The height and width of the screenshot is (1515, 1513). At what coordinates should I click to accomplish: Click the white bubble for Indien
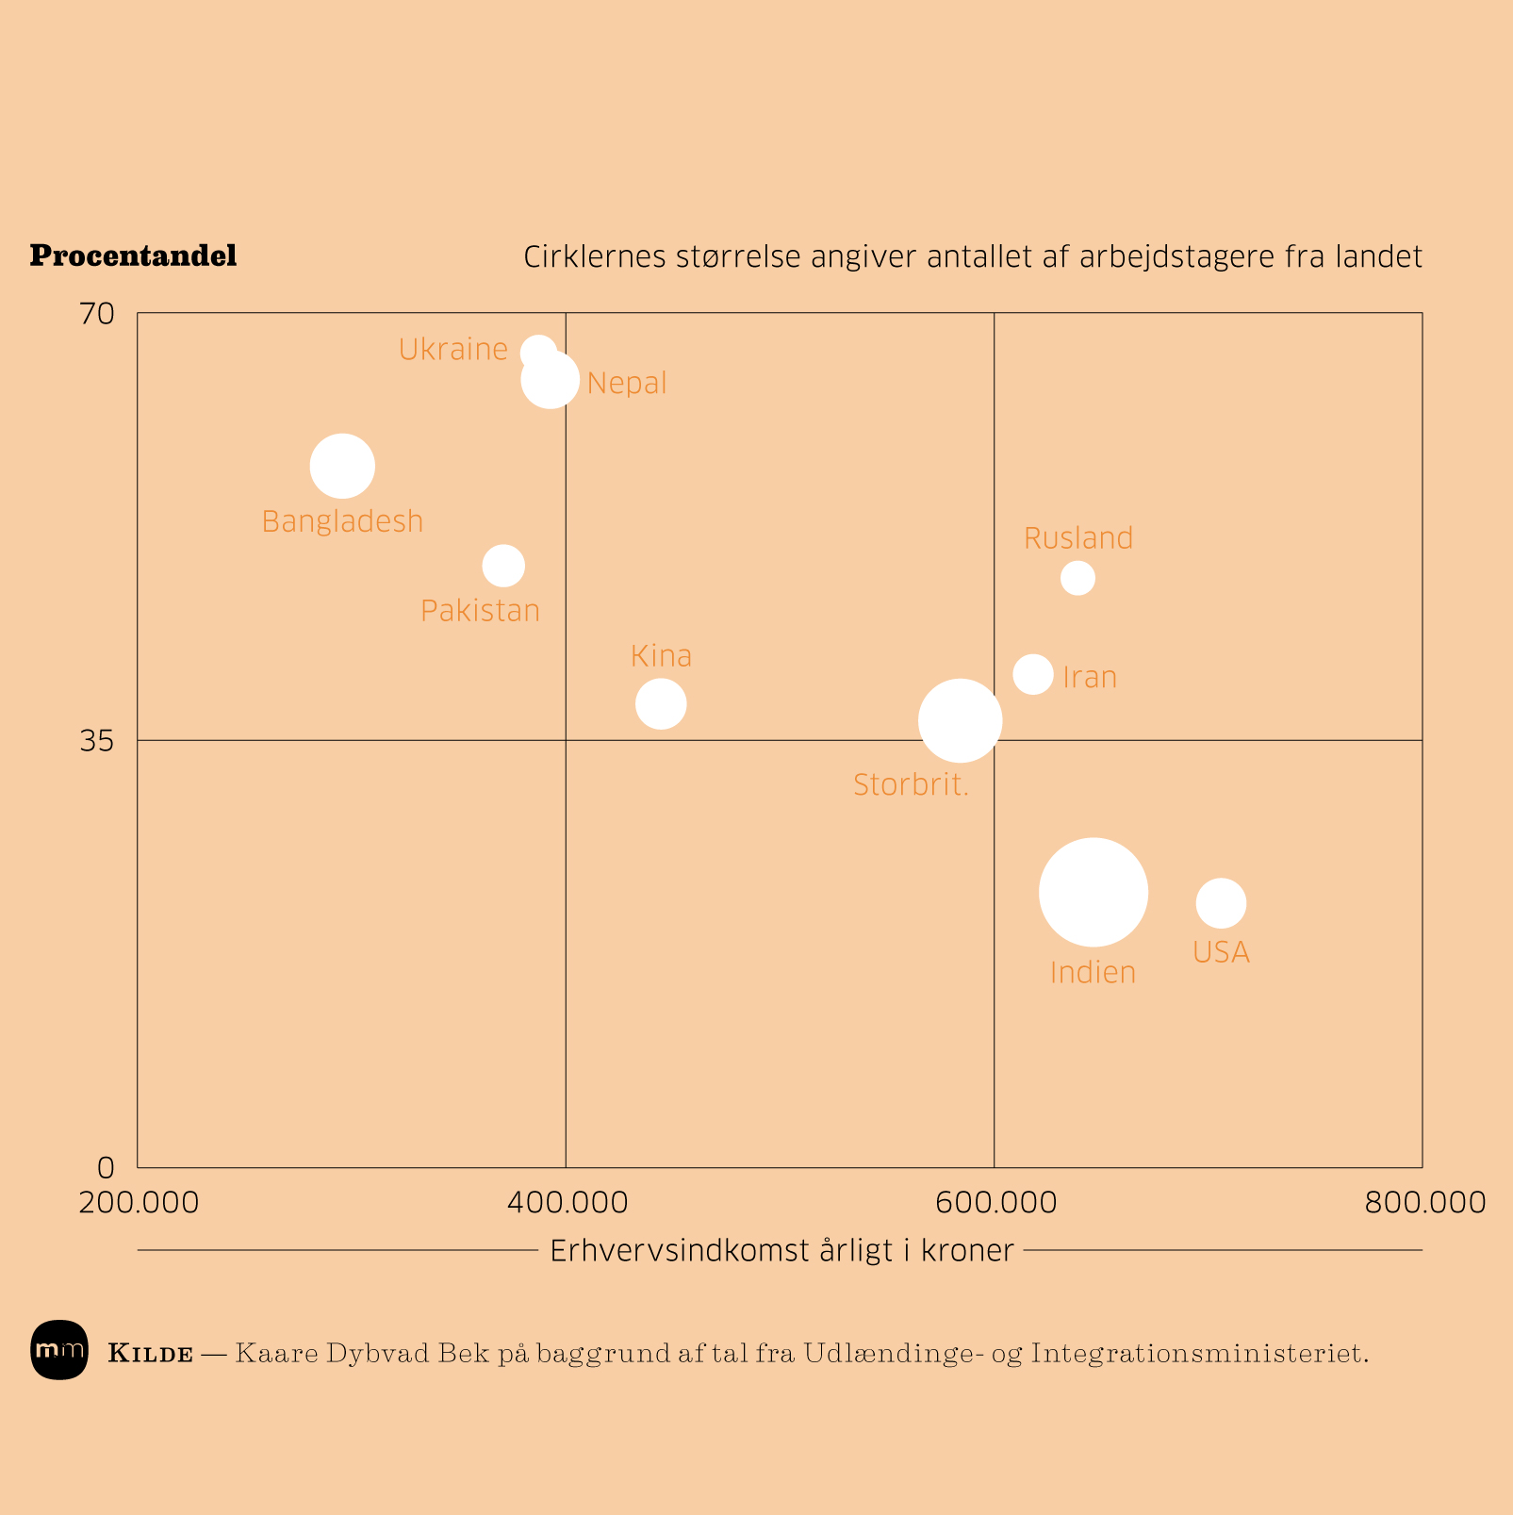tap(1093, 892)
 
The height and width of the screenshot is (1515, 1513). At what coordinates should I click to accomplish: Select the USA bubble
tap(1221, 903)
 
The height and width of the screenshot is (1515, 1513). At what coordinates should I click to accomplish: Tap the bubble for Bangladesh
tap(342, 466)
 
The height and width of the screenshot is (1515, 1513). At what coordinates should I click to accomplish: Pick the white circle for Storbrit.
tap(960, 720)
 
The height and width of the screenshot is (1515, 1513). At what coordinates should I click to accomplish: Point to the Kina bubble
tap(661, 703)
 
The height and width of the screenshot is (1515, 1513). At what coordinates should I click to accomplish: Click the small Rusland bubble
tap(1077, 578)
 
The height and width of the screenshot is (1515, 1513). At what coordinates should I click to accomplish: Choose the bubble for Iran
tap(1033, 674)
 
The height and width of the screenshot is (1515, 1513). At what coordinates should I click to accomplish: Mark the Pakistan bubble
tap(503, 566)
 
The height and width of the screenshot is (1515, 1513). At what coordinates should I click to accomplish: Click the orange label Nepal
tap(627, 384)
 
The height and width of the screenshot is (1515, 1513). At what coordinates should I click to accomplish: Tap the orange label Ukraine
tap(453, 350)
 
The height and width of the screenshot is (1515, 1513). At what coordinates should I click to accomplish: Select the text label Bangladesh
tap(342, 521)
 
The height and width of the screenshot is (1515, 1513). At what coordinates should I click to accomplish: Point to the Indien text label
tap(1093, 973)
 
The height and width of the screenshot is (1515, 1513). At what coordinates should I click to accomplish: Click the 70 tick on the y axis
tap(97, 313)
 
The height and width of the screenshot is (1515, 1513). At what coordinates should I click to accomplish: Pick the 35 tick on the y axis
tap(97, 741)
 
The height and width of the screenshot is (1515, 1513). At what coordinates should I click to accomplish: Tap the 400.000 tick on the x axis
tap(566, 1203)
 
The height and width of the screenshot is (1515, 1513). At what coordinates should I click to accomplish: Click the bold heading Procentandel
tap(133, 255)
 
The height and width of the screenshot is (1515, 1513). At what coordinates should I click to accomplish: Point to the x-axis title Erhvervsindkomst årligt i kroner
tap(781, 1251)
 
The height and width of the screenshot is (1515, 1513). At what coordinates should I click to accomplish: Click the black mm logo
tap(59, 1350)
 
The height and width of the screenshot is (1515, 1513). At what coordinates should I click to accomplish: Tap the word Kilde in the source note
tap(151, 1355)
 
